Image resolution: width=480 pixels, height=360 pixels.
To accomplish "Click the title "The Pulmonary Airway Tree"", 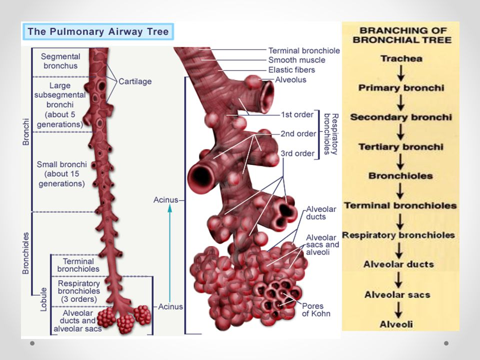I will [98, 32].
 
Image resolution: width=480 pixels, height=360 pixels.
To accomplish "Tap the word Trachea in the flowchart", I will [401, 58].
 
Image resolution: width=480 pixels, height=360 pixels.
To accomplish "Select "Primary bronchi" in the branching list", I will [401, 88].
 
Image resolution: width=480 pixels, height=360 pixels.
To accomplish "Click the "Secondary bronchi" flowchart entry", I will [401, 117].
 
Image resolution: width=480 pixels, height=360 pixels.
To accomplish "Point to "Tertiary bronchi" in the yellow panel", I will [401, 147].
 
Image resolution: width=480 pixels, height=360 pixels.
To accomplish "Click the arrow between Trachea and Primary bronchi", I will [400, 73].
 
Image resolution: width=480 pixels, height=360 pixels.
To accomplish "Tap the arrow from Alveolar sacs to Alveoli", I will [399, 309].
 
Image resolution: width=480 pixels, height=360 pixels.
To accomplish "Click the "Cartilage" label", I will [135, 81].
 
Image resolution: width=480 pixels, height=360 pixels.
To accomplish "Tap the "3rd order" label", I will [298, 153].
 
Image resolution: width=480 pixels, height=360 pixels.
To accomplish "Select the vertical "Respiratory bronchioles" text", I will [331, 134].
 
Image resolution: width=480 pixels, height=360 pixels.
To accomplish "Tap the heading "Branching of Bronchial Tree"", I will [401, 35].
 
